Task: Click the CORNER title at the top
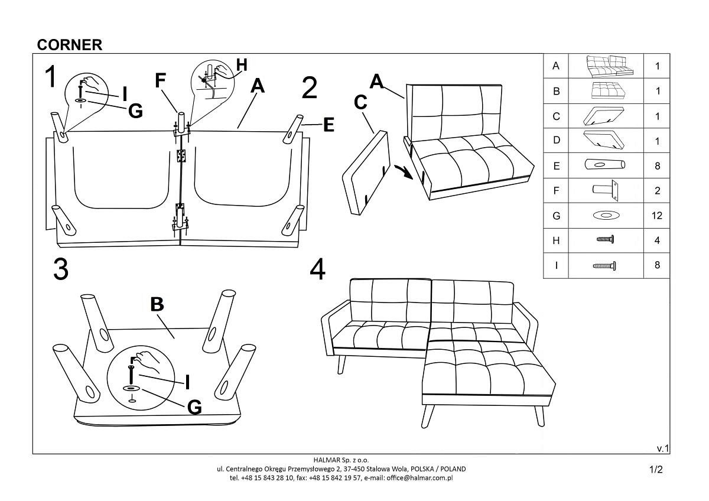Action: click(70, 45)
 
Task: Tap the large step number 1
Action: click(52, 77)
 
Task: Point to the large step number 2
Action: click(309, 88)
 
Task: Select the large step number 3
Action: click(60, 269)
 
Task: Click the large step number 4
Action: click(317, 269)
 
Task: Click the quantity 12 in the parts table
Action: click(656, 216)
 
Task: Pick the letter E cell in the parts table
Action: click(555, 167)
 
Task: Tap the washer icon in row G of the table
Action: click(606, 216)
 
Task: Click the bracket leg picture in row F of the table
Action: click(606, 191)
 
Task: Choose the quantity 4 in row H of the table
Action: click(656, 241)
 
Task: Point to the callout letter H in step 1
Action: click(242, 65)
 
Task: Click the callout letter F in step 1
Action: click(161, 80)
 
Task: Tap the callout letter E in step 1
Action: click(329, 125)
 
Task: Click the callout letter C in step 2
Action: click(361, 102)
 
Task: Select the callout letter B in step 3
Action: click(157, 304)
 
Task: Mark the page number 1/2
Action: click(656, 470)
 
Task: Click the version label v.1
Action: click(662, 448)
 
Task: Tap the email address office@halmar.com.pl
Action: click(419, 477)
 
